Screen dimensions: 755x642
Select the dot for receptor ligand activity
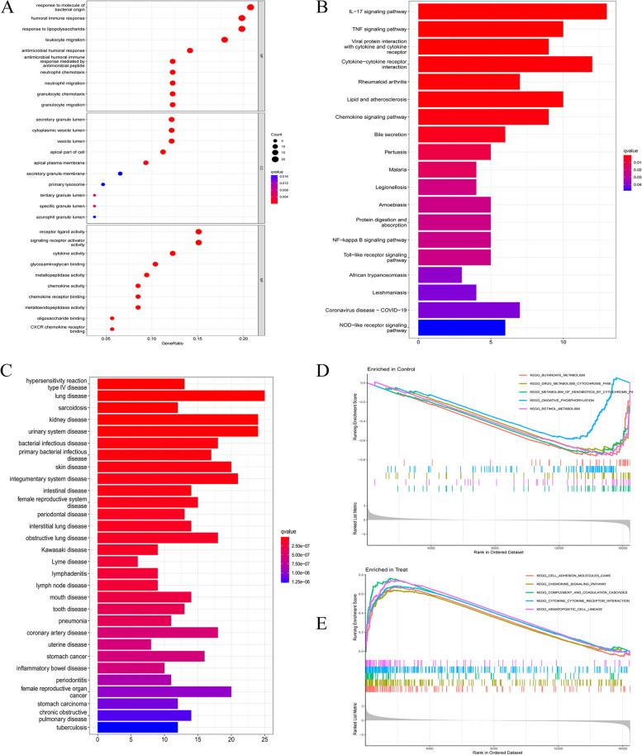198,232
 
